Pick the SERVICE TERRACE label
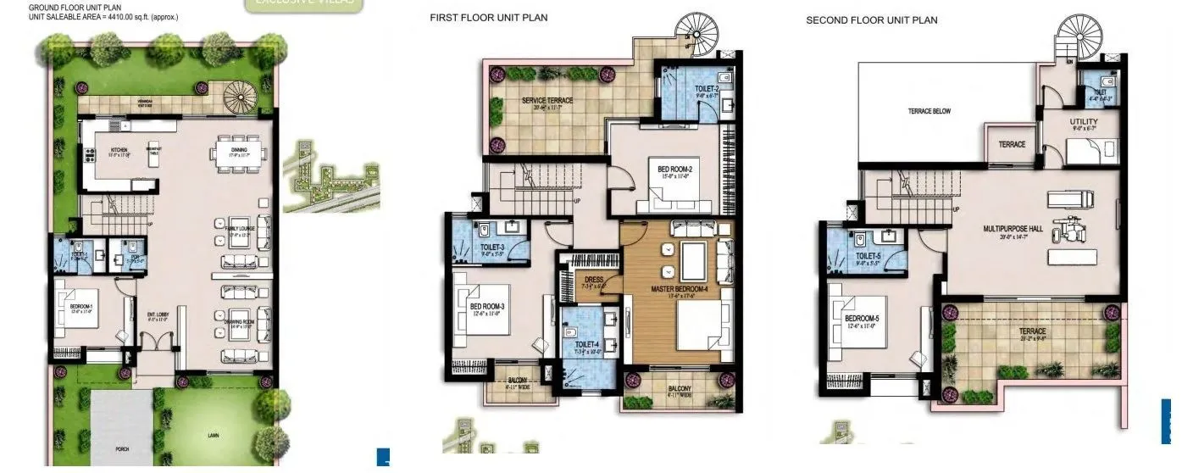[547, 101]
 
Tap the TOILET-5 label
[868, 255]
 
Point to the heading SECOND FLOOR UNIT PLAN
[871, 20]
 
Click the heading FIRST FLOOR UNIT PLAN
[488, 18]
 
